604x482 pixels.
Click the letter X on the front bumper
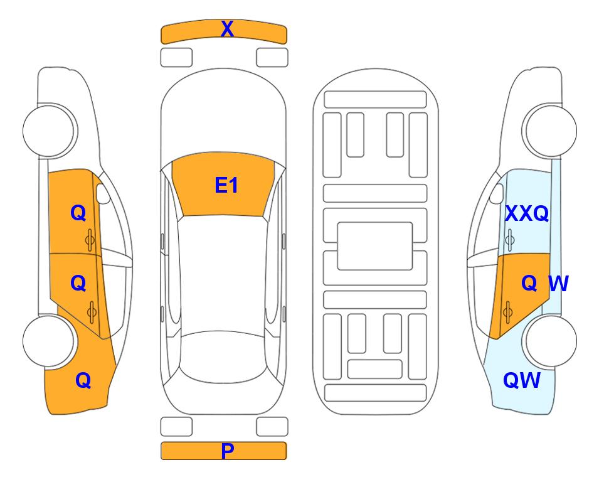tap(227, 28)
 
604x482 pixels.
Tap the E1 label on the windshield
tap(226, 185)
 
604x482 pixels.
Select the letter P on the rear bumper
tap(227, 451)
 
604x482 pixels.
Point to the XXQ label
tap(527, 213)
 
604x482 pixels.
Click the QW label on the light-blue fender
tap(522, 380)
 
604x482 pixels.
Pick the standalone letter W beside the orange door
tap(559, 284)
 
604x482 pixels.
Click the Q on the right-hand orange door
tap(529, 284)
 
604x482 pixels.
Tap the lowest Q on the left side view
tap(83, 380)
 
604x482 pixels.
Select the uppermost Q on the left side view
tap(78, 213)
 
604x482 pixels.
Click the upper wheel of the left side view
tap(50, 131)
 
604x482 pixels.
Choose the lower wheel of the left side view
tap(49, 341)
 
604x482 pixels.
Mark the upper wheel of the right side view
tap(549, 131)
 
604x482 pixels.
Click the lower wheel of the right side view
tap(549, 341)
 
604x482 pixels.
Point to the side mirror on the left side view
tap(102, 193)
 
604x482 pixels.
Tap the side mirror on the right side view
tap(497, 193)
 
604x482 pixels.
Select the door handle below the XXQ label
tap(510, 240)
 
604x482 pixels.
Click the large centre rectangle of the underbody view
tap(375, 246)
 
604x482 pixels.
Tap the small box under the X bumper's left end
tap(176, 58)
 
